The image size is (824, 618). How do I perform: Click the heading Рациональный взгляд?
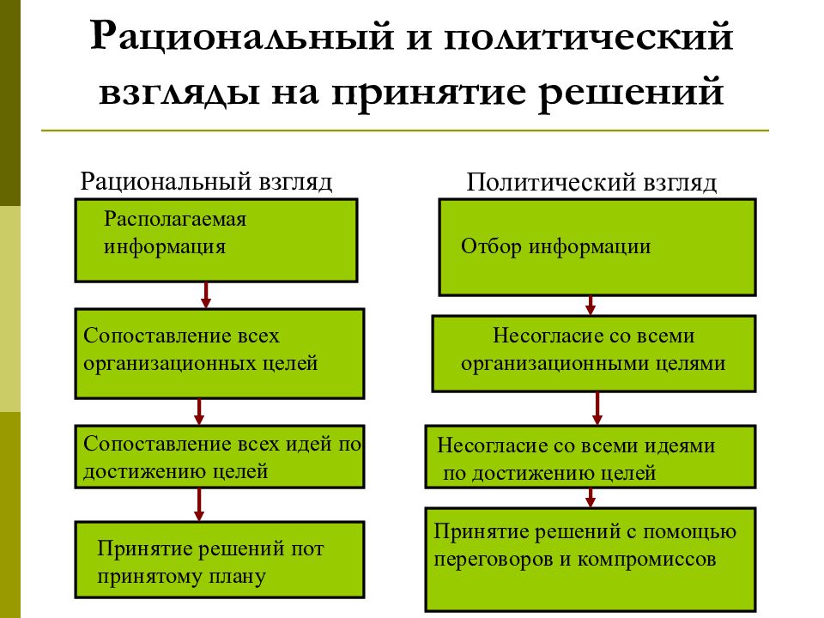(x=206, y=181)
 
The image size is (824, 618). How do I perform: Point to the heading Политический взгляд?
(x=591, y=182)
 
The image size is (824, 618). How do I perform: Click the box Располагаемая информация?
(x=216, y=240)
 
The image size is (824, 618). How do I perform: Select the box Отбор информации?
(x=597, y=246)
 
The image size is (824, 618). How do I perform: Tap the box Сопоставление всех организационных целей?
(x=219, y=353)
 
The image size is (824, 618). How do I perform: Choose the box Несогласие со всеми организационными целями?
(x=593, y=353)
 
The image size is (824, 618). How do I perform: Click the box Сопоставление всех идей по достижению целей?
(x=219, y=457)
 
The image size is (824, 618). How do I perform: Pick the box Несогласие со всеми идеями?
(x=590, y=457)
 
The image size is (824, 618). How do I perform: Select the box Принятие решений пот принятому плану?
(x=219, y=559)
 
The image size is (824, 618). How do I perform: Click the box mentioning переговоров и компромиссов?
(x=590, y=559)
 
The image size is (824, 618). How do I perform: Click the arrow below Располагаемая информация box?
(x=206, y=295)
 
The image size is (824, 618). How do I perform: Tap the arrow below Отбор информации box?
(x=591, y=305)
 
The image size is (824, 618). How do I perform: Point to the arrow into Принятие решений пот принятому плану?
(x=198, y=505)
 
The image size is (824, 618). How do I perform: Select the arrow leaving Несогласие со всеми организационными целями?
(x=597, y=409)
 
